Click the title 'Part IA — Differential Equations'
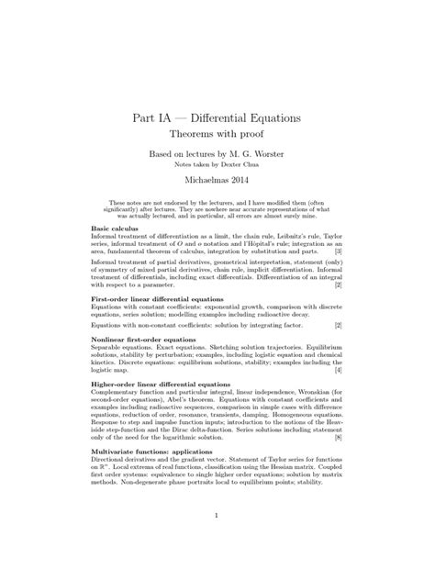[x=217, y=119]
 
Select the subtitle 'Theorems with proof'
[x=217, y=139]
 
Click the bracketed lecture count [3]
[x=338, y=251]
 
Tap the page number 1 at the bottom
[x=217, y=541]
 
